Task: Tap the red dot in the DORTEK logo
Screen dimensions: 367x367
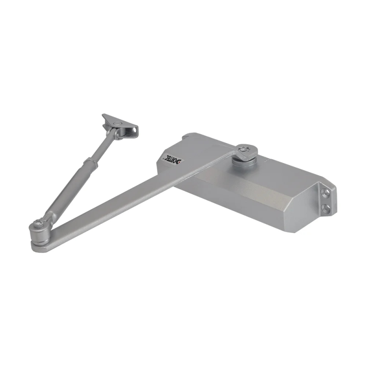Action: [179, 161]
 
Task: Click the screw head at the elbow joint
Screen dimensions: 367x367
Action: [39, 223]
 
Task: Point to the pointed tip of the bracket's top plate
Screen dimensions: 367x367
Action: [104, 116]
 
